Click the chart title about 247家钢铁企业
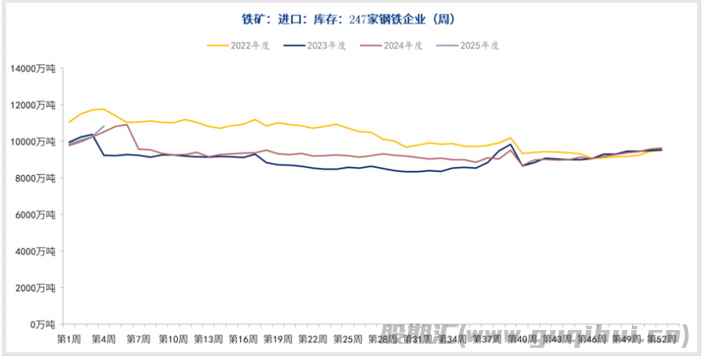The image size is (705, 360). (x=353, y=18)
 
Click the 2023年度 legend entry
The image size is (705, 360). (x=325, y=46)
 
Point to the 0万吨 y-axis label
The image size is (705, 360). (x=42, y=324)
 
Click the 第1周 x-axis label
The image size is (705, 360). (x=69, y=338)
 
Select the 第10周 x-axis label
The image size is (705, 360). (x=174, y=338)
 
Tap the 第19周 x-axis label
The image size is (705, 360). (x=278, y=338)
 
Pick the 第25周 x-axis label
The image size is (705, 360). (x=348, y=338)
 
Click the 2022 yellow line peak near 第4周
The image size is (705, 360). (x=104, y=109)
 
